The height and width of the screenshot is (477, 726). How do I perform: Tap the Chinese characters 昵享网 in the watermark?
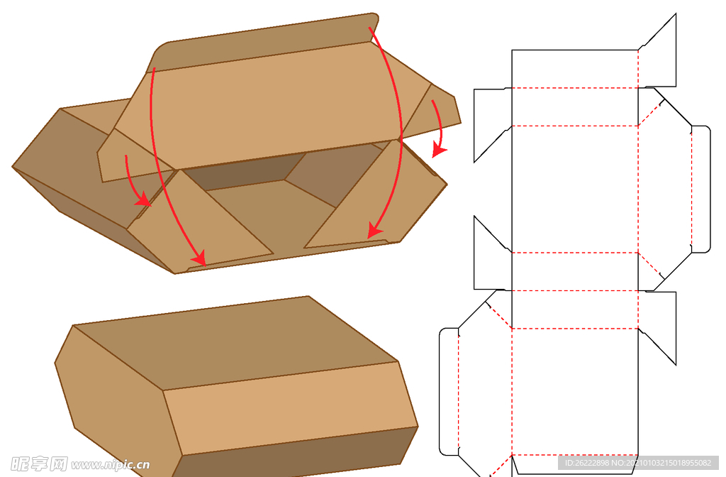(x=39, y=464)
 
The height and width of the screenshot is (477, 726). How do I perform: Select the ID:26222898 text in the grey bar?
(x=586, y=463)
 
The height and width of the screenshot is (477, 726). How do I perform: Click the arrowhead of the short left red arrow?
(x=144, y=199)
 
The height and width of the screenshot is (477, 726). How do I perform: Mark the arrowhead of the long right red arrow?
(x=374, y=230)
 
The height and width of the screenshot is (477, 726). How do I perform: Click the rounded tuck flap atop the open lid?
(x=264, y=42)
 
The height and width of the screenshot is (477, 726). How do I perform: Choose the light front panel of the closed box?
(x=289, y=408)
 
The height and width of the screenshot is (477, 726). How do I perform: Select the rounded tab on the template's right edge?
(x=700, y=189)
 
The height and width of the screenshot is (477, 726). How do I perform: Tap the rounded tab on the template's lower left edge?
(x=449, y=392)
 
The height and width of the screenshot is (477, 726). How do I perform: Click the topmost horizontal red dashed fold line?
(x=575, y=87)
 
